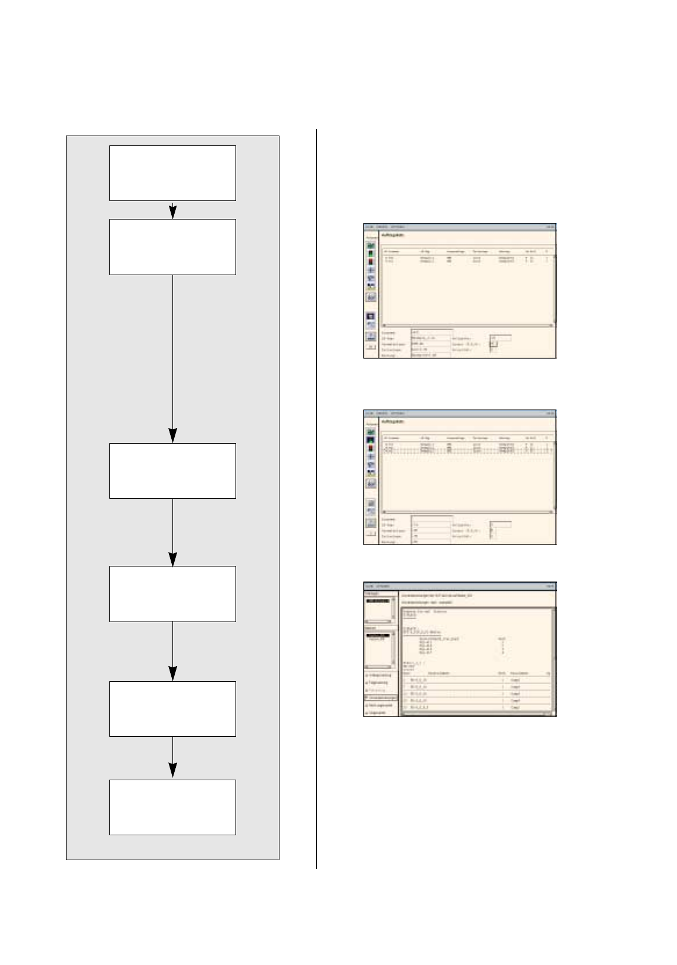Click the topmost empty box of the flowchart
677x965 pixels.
172,173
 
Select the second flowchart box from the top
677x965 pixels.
172,246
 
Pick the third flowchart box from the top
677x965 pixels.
172,470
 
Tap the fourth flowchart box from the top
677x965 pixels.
172,593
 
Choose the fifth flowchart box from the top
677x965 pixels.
172,708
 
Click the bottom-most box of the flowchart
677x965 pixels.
172,807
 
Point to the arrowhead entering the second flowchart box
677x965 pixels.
172,213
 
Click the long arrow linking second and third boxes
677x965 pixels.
172,353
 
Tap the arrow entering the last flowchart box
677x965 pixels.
172,756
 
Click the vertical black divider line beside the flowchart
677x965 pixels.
317,498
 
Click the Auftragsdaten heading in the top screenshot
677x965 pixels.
393,235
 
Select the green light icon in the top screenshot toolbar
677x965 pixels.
371,253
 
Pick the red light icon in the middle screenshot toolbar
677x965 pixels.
371,448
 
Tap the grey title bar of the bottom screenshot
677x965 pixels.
459,586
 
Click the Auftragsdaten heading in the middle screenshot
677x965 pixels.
393,422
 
